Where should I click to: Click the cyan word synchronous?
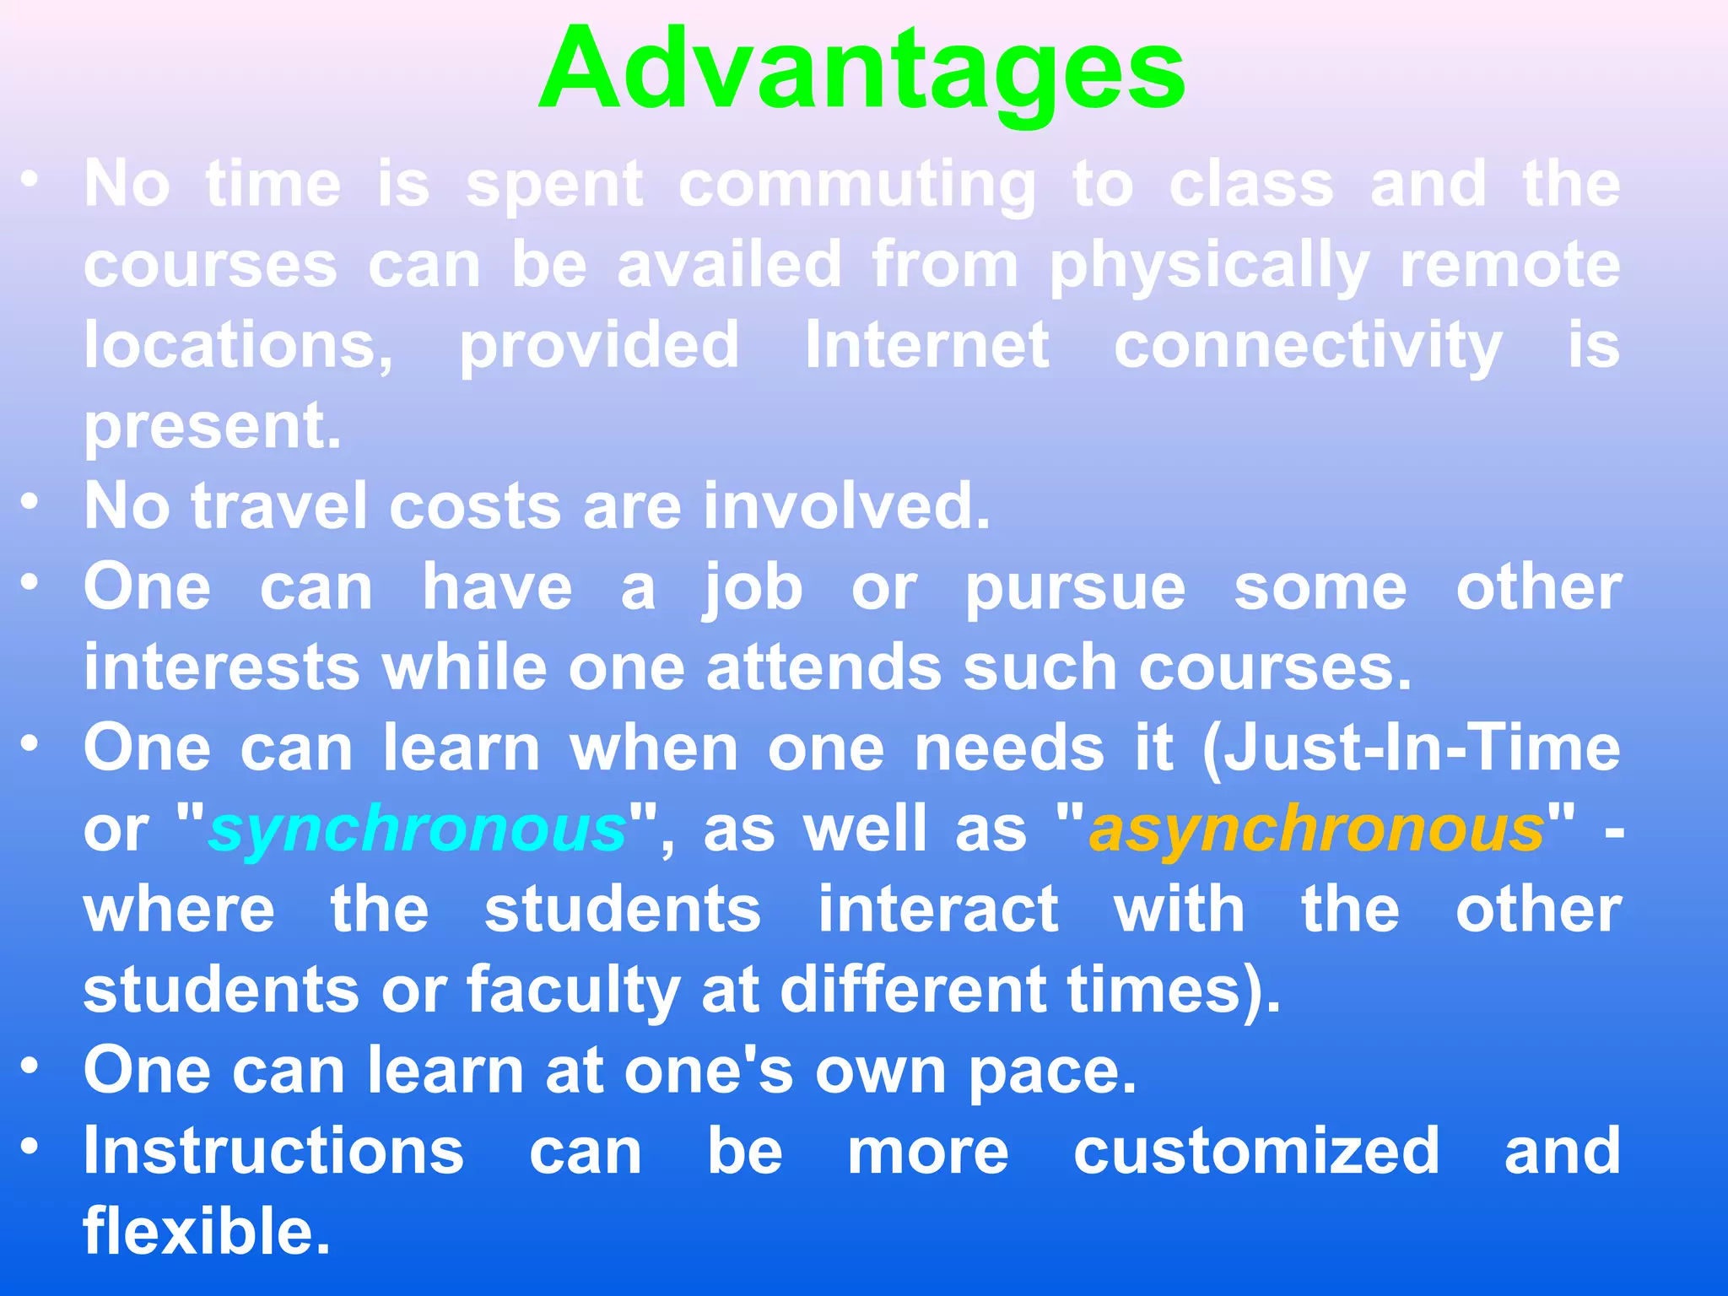coord(418,829)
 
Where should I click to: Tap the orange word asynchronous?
coord(1316,829)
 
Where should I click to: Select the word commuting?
coord(856,186)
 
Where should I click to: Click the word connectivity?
coord(1307,347)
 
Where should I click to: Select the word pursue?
coord(1075,589)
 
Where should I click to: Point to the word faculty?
coord(573,991)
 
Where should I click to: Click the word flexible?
coord(206,1231)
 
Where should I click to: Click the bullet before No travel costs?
coord(30,503)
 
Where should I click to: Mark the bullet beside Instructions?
coord(30,1147)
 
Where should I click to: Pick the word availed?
coord(729,265)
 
